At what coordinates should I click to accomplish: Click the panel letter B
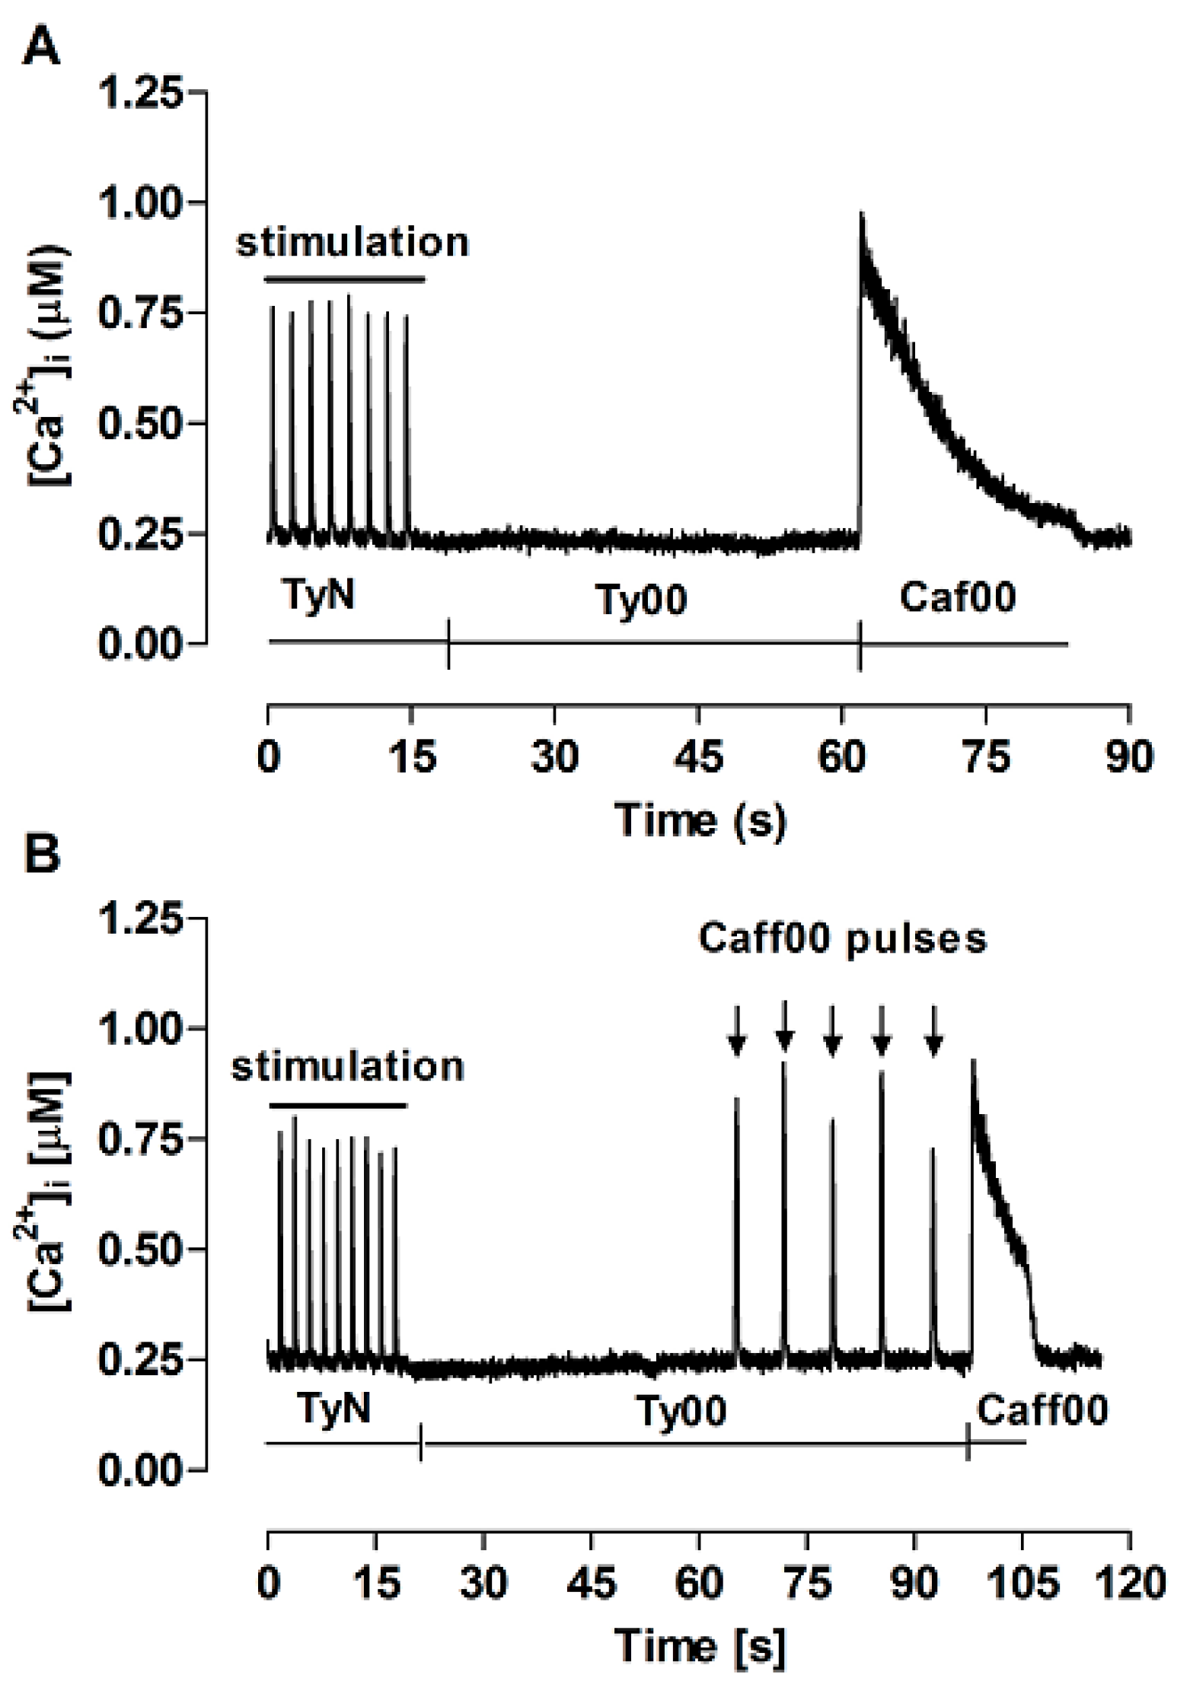[x=43, y=854]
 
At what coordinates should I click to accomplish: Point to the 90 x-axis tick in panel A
[x=1129, y=757]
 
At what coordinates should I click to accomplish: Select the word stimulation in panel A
[x=353, y=243]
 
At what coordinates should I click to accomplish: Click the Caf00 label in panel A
[x=957, y=597]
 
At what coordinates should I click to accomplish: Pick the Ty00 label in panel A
[x=641, y=600]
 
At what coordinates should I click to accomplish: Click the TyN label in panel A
[x=319, y=594]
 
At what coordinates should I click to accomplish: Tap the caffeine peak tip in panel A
[x=861, y=215]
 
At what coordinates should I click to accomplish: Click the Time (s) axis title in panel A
[x=700, y=820]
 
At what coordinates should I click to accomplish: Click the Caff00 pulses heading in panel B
[x=842, y=938]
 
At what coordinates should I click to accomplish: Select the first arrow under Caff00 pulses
[x=736, y=1031]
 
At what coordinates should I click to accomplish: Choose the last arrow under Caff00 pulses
[x=934, y=1031]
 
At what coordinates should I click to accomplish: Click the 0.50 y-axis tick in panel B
[x=142, y=1250]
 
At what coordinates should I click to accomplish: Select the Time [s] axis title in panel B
[x=700, y=1647]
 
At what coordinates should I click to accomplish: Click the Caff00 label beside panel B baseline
[x=1042, y=1410]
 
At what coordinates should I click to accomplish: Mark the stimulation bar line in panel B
[x=338, y=1105]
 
